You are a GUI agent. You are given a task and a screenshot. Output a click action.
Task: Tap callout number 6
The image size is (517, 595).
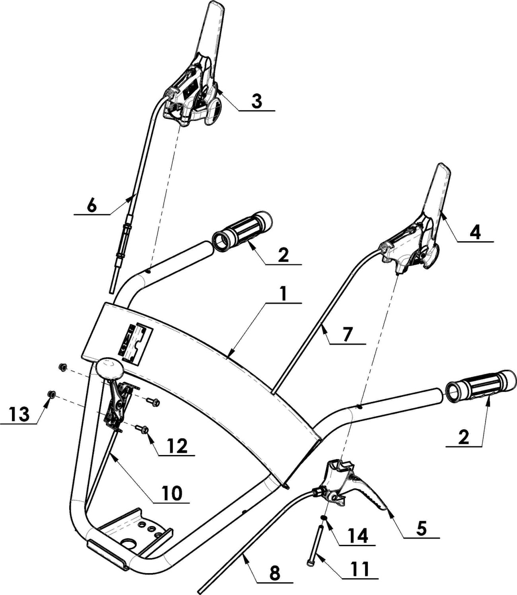pyautogui.click(x=91, y=206)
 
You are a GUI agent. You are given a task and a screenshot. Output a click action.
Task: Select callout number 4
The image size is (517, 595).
pyautogui.click(x=476, y=233)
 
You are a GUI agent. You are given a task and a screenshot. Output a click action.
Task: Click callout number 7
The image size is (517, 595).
pyautogui.click(x=347, y=335)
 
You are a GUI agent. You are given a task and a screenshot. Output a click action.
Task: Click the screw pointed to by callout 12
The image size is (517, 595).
pyautogui.click(x=142, y=428)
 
